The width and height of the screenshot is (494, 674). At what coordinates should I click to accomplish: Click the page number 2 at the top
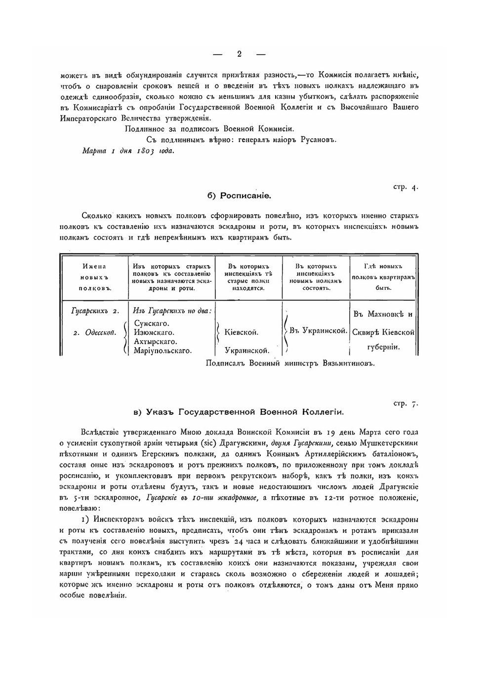point(240,54)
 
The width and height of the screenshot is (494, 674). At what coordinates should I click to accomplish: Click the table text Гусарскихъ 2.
point(95,311)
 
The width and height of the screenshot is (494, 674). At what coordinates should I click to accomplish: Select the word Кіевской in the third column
point(242,332)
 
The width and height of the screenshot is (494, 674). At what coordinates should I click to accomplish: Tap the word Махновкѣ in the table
point(382,315)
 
